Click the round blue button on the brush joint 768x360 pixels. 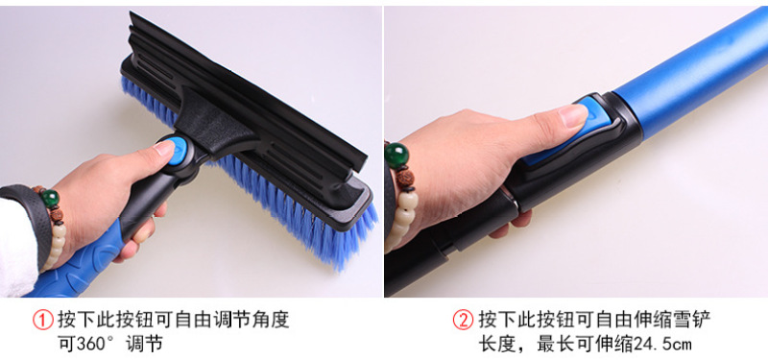tap(178, 147)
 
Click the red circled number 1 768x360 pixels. tap(43, 321)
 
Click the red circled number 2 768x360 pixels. tap(463, 321)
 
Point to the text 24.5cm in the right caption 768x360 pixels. tap(663, 344)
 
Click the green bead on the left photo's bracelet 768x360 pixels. tap(50, 199)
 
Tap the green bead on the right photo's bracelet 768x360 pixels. tap(396, 156)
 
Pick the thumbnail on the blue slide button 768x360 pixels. tap(573, 115)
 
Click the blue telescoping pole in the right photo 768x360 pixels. tap(690, 73)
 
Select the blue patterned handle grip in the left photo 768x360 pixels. tap(79, 262)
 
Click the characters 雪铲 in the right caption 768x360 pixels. tap(695, 321)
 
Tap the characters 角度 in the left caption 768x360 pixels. tap(276, 321)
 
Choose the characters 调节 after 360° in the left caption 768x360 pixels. tap(145, 344)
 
